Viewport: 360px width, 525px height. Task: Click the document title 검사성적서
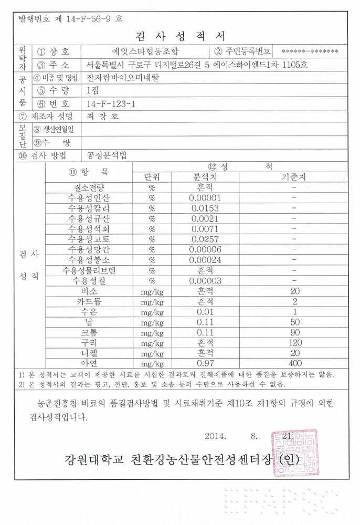pyautogui.click(x=180, y=36)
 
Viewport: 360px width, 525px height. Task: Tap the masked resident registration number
pyautogui.click(x=310, y=51)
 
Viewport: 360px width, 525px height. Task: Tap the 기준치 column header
pyautogui.click(x=294, y=177)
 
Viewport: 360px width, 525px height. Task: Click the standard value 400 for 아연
pyautogui.click(x=294, y=363)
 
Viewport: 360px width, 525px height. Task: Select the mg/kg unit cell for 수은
pyautogui.click(x=152, y=312)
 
